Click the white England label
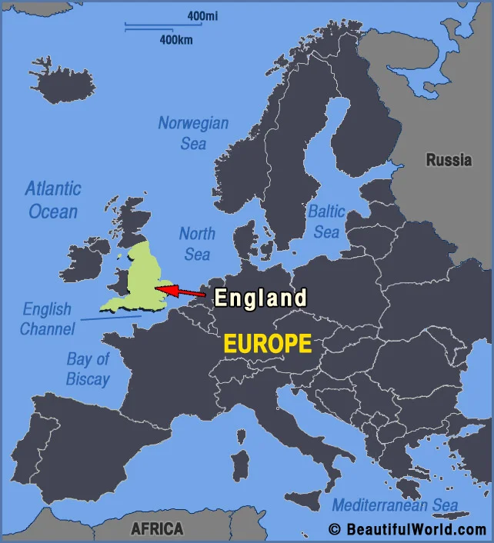260,298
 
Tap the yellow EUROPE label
268,344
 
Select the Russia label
449,160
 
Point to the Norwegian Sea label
193,132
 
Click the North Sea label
197,243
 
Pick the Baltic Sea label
326,221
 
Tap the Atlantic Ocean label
52,199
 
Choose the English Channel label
47,319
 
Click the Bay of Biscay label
88,368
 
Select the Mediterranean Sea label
395,505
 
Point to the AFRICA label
157,528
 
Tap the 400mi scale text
202,16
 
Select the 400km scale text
176,39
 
